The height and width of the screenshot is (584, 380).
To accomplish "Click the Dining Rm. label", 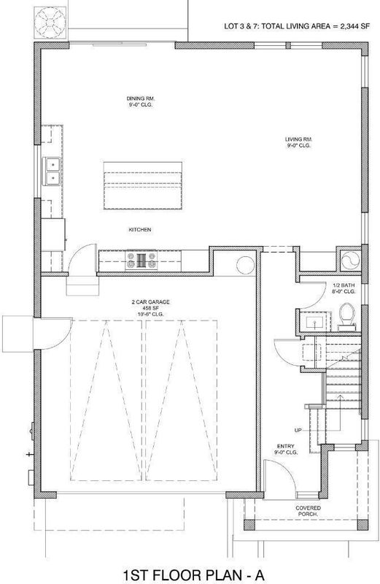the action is tap(140, 101).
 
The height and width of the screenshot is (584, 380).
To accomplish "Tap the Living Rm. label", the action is tap(298, 142).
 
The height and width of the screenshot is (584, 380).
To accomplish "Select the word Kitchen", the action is tap(140, 230).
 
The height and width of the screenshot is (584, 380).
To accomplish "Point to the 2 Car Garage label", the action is tap(150, 308).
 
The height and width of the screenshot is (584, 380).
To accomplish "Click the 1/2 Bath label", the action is tap(344, 288).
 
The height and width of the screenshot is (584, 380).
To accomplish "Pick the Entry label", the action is tap(286, 449).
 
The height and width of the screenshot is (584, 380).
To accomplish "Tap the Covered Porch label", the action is tap(309, 511).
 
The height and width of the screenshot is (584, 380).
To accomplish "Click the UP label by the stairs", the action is tap(298, 430).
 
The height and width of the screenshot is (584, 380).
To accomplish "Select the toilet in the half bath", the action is tap(346, 317).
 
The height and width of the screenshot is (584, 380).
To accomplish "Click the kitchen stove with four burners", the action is tap(141, 260).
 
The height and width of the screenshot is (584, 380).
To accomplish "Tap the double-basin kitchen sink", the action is tap(52, 172).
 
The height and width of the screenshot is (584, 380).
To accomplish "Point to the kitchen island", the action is tap(143, 185).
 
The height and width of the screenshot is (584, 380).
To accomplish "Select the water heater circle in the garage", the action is tap(246, 265).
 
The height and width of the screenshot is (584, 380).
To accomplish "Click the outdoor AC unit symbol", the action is tap(50, 22).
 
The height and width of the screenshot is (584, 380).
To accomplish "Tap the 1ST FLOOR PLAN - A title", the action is tap(193, 575).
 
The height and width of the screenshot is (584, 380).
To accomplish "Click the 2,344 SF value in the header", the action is tap(355, 26).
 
